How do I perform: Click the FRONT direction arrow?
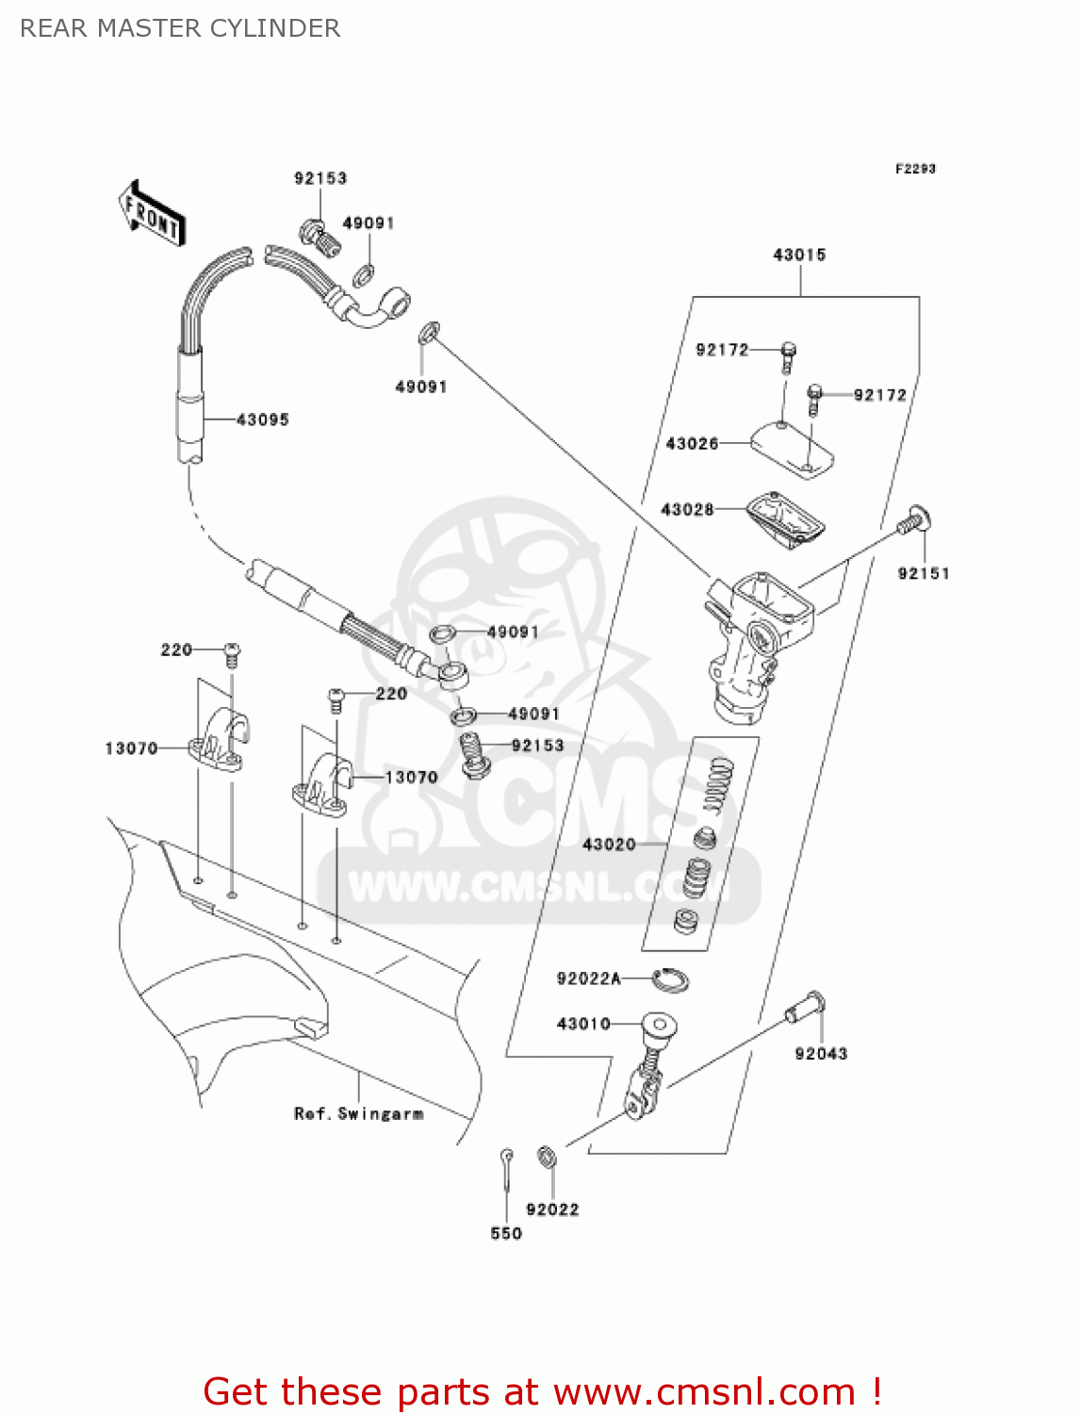[152, 214]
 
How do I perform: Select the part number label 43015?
[799, 255]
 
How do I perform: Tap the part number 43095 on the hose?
[262, 419]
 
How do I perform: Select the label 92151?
[924, 573]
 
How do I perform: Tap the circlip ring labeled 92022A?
[670, 979]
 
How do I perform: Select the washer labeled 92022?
[546, 1157]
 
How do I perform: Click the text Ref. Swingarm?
[358, 1113]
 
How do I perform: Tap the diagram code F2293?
[915, 169]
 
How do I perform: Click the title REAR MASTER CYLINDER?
[180, 28]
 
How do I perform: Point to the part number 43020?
[609, 844]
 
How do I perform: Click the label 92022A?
[588, 978]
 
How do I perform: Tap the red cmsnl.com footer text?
[542, 1391]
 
